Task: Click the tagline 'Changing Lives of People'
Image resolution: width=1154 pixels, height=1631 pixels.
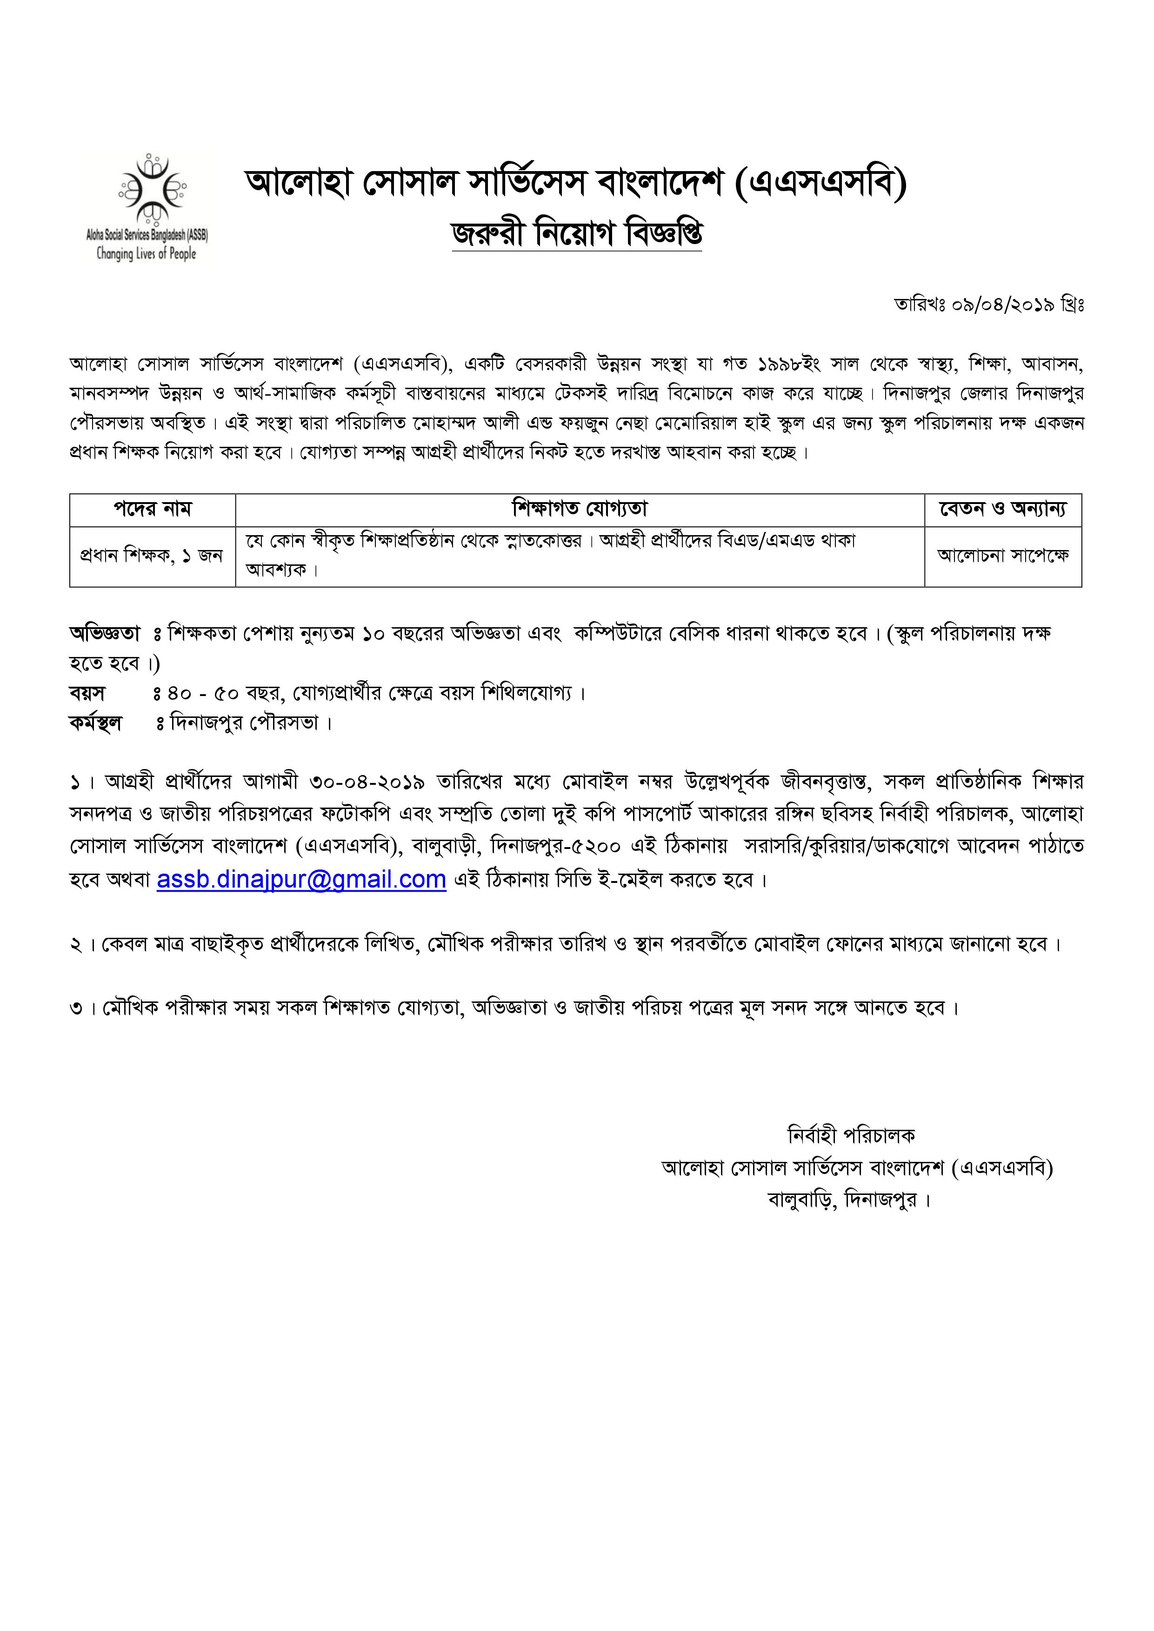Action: [147, 253]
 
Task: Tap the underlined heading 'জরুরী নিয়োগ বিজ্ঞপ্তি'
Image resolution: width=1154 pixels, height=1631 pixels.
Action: [576, 234]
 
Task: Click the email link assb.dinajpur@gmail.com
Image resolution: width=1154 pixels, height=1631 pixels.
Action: [301, 880]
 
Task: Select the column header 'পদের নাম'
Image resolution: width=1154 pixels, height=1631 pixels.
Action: [152, 509]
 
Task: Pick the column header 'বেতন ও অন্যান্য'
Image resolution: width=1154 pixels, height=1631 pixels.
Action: [1003, 509]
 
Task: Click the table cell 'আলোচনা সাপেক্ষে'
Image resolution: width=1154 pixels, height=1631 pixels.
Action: [1003, 556]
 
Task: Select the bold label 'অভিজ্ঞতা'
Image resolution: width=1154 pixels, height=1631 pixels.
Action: [105, 633]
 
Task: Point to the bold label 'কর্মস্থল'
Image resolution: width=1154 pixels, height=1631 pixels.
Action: [96, 723]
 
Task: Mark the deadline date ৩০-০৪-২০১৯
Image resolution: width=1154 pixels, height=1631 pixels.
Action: [367, 782]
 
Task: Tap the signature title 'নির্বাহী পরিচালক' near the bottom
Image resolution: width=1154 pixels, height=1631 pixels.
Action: [851, 1136]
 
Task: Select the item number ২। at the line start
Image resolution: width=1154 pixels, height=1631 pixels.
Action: [82, 945]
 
